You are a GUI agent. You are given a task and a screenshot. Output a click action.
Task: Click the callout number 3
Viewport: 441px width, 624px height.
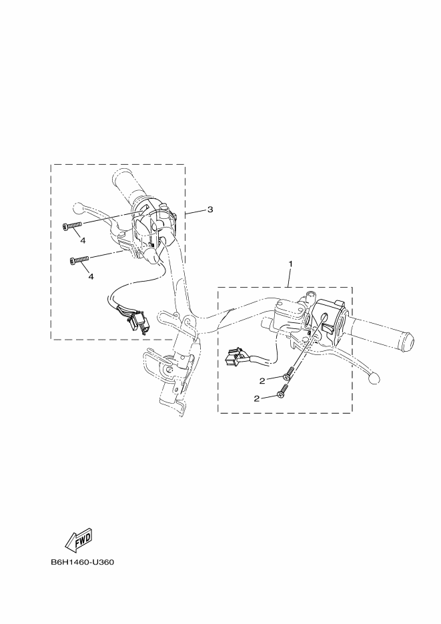210,210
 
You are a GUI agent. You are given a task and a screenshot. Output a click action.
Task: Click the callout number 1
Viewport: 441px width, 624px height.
291,264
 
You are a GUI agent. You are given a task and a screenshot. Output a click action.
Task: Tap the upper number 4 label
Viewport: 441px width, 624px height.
83,240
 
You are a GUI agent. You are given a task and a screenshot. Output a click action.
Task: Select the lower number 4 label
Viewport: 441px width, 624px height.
91,276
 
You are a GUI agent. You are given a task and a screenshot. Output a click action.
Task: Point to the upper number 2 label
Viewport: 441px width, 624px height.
262,381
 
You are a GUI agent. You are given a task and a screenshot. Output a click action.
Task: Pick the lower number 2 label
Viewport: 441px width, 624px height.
256,398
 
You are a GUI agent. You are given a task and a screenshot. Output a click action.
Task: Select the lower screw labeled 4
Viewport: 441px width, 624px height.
79,260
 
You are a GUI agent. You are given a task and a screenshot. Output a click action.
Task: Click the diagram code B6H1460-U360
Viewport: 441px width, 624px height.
82,563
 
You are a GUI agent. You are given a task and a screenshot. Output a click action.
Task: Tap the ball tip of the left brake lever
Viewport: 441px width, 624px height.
77,208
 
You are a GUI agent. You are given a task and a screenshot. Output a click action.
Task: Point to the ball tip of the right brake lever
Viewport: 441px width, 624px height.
374,379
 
